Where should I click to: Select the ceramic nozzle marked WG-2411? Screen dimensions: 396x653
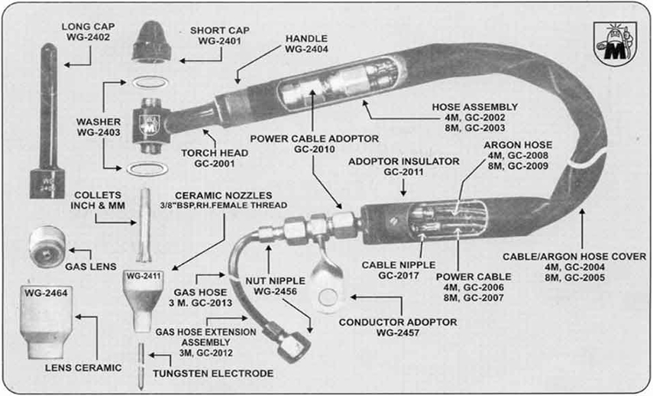click(x=144, y=299)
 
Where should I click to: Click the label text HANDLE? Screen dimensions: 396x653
click(x=306, y=37)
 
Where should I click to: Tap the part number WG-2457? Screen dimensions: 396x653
click(x=402, y=333)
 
